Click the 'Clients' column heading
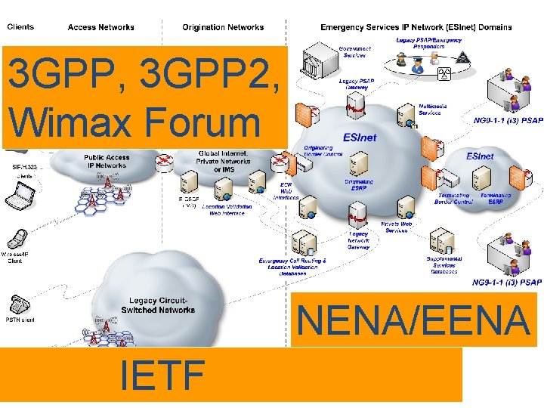(20, 27)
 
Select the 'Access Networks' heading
(100, 27)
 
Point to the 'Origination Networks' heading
(223, 27)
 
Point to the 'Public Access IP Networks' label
(107, 162)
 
